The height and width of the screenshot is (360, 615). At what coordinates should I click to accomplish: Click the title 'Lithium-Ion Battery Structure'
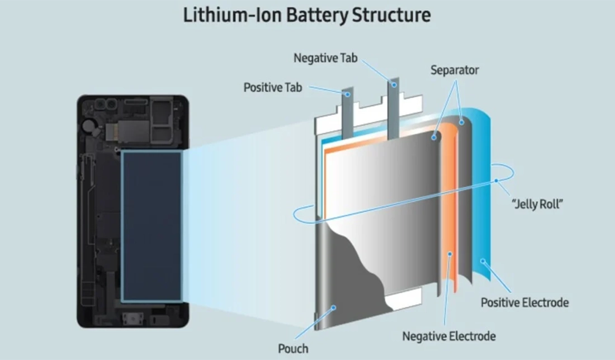[x=307, y=15]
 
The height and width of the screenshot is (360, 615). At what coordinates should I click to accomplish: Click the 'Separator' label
[x=455, y=70]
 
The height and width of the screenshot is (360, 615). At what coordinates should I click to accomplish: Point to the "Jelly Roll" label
[x=537, y=204]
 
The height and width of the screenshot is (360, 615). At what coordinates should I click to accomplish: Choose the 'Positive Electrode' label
[x=524, y=302]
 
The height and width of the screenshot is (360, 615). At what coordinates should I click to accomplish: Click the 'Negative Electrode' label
[x=449, y=337]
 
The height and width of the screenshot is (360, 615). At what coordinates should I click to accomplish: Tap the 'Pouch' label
[x=293, y=349]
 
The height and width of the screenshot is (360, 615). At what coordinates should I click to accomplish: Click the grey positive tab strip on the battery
[x=349, y=112]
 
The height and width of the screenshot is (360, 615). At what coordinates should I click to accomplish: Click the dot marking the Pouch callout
[x=334, y=307]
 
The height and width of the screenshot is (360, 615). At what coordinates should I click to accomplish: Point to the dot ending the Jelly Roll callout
[x=495, y=181]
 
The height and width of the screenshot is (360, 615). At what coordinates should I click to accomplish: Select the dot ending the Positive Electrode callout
[x=482, y=261]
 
